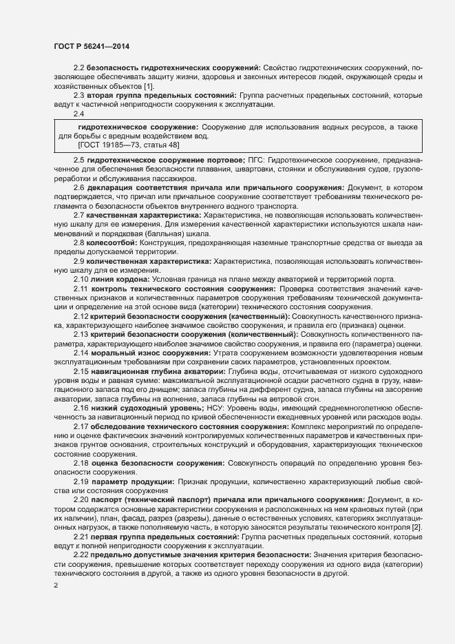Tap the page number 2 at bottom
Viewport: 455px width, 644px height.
tap(56, 585)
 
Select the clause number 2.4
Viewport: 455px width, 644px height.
tap(79, 114)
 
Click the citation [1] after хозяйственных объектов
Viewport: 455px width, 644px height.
tap(149, 85)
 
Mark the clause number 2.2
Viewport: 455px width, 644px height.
tap(79, 67)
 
